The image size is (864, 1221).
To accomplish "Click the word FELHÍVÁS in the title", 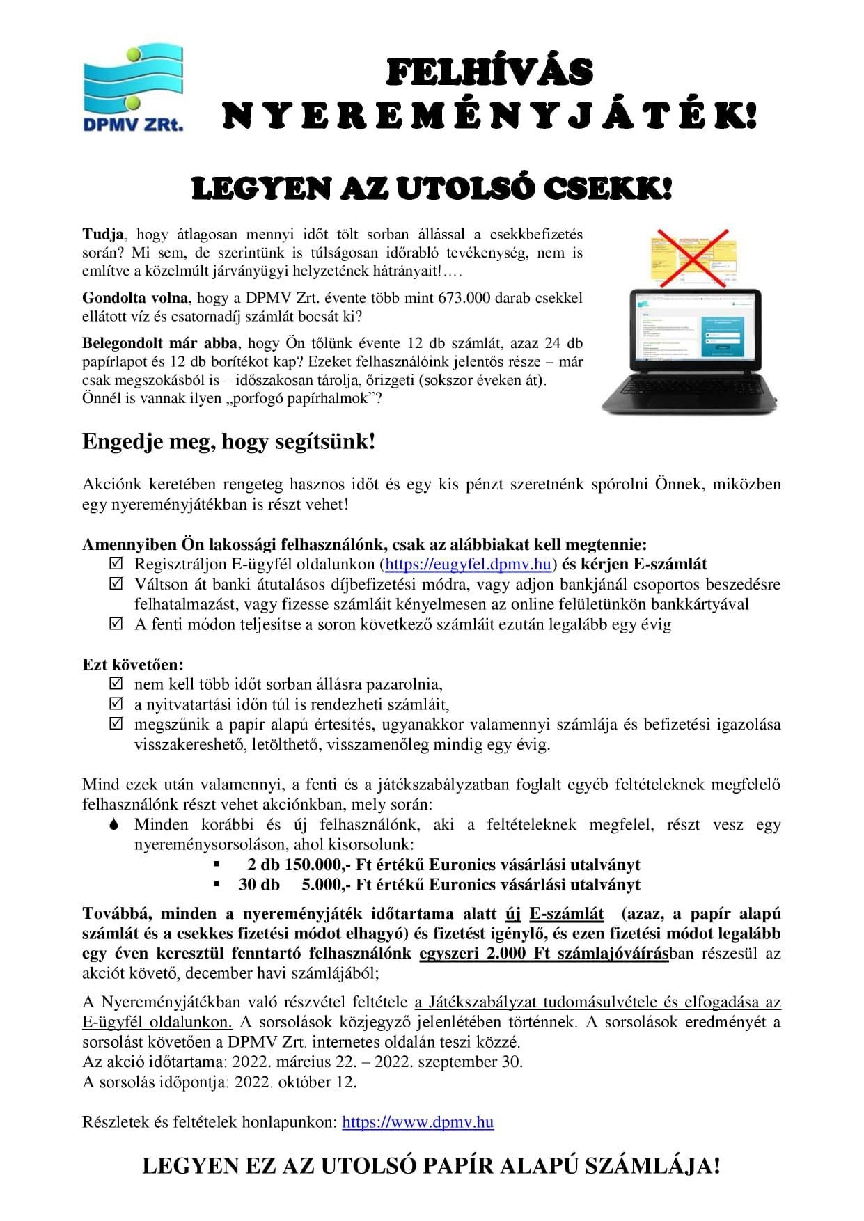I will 489,72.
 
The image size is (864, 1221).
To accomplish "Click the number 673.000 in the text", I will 469,298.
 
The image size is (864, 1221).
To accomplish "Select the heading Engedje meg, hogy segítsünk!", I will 228,441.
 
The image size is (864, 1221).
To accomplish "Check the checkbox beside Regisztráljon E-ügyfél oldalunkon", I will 116,563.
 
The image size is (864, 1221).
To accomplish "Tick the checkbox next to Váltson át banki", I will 116,583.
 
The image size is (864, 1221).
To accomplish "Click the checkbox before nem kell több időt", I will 116,684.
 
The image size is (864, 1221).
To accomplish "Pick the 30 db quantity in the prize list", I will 259,885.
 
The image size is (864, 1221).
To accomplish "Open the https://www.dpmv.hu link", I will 418,1122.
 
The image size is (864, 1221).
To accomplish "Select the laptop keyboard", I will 690,390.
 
